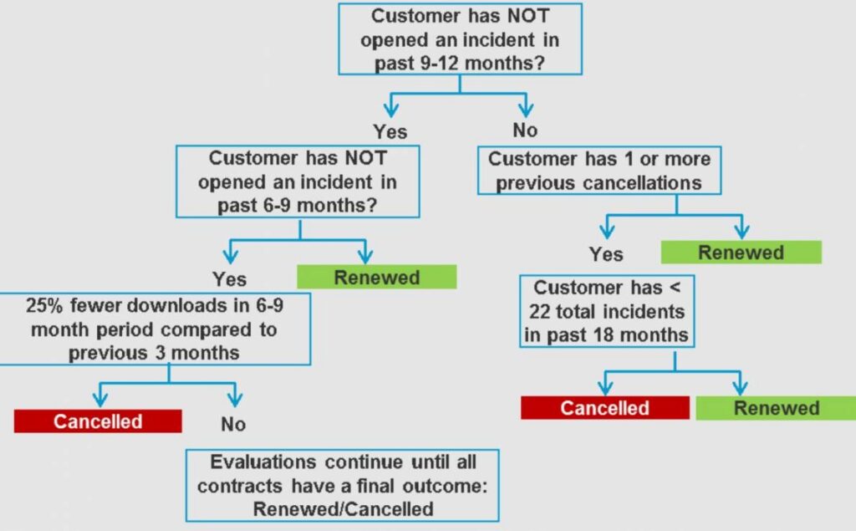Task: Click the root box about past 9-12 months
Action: [x=460, y=39]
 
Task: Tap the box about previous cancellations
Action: [x=599, y=171]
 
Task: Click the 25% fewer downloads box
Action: [x=155, y=329]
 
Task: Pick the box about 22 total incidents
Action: [x=608, y=312]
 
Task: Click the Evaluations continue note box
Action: [x=343, y=485]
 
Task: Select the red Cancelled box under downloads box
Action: [x=98, y=421]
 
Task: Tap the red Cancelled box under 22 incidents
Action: [x=604, y=408]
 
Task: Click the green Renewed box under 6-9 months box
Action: [x=377, y=278]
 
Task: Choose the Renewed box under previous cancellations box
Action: [x=741, y=253]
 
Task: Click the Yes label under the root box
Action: [x=390, y=131]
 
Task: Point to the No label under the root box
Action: [x=524, y=130]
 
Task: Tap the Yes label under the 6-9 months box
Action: [x=229, y=278]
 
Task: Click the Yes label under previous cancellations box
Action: [x=606, y=253]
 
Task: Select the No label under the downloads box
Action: [x=233, y=424]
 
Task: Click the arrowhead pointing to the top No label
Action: [x=525, y=109]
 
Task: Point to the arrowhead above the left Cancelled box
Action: [x=100, y=396]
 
